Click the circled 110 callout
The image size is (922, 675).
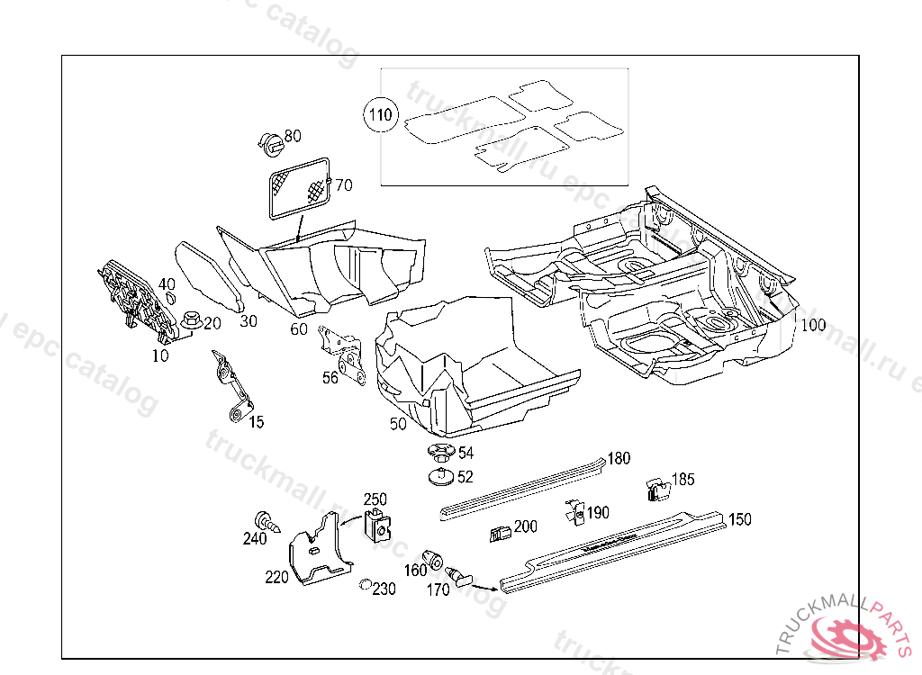pos(379,115)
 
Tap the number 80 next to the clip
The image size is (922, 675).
pos(293,137)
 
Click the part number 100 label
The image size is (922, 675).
pos(812,325)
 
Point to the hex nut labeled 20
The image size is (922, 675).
pos(190,319)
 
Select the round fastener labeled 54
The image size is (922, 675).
pos(439,453)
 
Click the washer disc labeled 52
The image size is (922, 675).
pos(439,475)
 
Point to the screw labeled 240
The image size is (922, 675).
pos(267,521)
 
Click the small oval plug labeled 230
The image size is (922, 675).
pos(365,586)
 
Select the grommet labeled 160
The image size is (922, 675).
pos(433,557)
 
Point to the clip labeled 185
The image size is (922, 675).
pos(658,490)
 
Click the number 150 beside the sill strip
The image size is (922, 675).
pos(739,519)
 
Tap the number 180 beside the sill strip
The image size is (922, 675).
pos(619,458)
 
